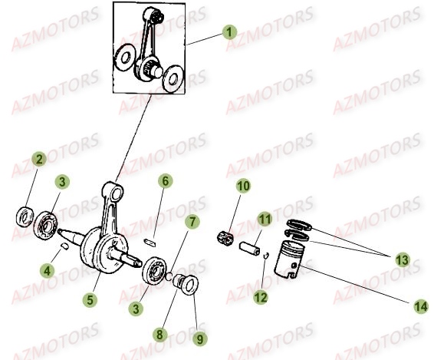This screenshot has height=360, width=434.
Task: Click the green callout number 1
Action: tap(229, 32)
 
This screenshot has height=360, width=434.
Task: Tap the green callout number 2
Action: tap(39, 159)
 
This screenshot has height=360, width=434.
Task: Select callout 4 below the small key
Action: tap(47, 270)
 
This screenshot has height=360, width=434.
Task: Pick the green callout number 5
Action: tap(90, 299)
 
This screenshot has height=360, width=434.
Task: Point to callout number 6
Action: tap(165, 181)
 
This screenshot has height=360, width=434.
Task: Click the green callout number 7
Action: tap(192, 221)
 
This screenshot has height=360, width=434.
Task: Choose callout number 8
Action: tap(160, 334)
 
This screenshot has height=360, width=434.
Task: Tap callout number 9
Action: tap(200, 338)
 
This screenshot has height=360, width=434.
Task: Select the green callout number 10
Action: tap(244, 186)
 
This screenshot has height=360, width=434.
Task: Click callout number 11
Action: tap(265, 219)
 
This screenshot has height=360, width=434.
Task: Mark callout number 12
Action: tap(261, 297)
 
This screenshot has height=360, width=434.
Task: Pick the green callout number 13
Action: tap(402, 260)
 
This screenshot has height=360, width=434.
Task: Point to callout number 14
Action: tap(421, 306)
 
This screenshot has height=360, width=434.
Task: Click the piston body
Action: tap(289, 259)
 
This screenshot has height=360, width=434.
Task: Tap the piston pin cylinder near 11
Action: tap(250, 248)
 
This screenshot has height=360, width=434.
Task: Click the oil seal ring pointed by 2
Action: tap(25, 216)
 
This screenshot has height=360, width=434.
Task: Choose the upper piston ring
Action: tap(299, 224)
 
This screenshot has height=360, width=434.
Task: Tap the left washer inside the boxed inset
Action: tap(124, 58)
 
